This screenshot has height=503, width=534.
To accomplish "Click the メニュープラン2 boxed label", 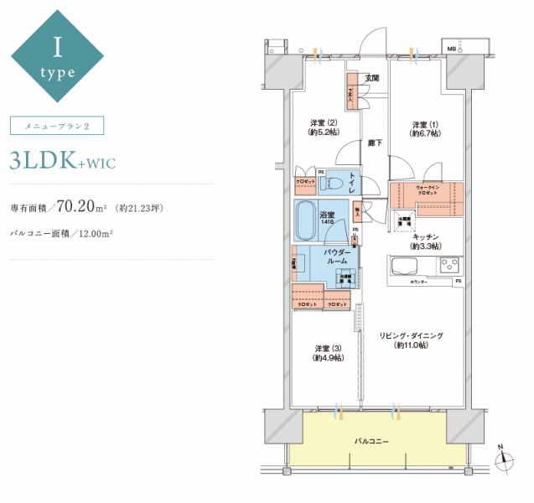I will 56,126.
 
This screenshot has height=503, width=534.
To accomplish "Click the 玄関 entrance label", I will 371,79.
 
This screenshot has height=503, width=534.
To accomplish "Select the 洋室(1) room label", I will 423,127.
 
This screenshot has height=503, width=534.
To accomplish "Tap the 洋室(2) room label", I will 323,127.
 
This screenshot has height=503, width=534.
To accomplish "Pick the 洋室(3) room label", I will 326,353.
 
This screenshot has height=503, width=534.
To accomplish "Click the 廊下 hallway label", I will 375,143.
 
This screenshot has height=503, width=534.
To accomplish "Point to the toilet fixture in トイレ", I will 334,181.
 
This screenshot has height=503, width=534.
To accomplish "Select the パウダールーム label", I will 338,257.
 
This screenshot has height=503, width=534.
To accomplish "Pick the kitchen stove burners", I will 450,265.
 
